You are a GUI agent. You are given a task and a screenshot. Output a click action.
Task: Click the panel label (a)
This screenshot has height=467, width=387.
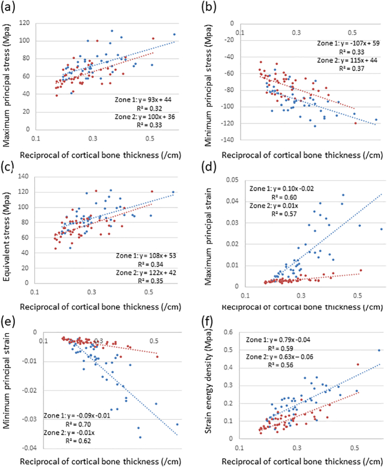tap(9, 7)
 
